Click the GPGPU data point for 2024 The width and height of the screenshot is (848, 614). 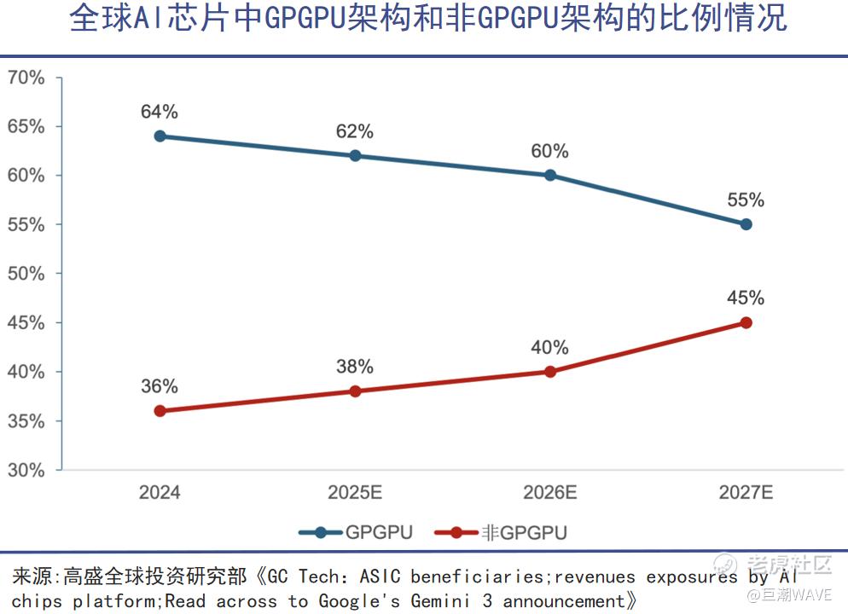(x=160, y=136)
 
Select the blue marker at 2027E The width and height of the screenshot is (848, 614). (x=746, y=224)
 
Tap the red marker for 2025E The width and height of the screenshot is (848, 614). (x=355, y=391)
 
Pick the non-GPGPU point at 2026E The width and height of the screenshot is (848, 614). (x=550, y=372)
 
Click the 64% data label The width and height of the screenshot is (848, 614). (x=160, y=112)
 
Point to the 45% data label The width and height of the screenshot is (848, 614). (x=746, y=298)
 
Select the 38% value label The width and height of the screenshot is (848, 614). (x=355, y=367)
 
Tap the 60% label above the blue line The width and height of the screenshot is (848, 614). (x=550, y=151)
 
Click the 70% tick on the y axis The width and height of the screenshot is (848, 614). (x=26, y=78)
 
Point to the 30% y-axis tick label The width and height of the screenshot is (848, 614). (x=26, y=470)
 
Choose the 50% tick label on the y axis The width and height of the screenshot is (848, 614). (x=26, y=274)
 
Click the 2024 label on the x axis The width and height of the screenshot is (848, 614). (x=160, y=493)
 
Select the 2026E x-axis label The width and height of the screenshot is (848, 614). (x=550, y=493)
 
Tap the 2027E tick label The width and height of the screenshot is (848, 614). (x=746, y=493)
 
